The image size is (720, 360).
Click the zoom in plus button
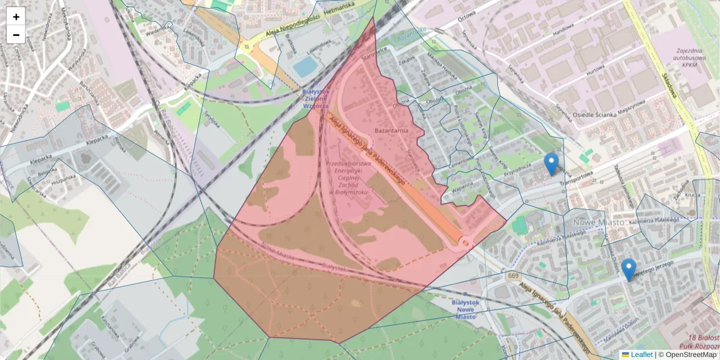tap(16, 17)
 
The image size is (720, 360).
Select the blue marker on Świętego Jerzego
tap(628, 269)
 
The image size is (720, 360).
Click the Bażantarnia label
tap(391, 130)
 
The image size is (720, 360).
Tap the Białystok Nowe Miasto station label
tap(465, 310)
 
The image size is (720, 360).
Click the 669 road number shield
tap(512, 276)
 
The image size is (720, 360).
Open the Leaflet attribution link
tap(641, 355)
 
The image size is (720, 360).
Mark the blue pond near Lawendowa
tap(305, 66)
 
